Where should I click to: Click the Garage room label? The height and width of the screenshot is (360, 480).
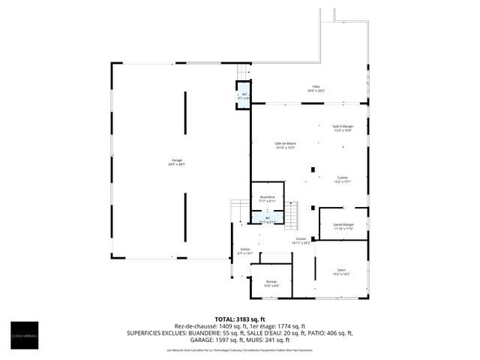[177, 162]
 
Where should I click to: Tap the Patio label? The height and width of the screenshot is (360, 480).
[316, 89]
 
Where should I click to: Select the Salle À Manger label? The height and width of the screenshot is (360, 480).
[343, 128]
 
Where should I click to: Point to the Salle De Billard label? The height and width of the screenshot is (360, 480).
[285, 145]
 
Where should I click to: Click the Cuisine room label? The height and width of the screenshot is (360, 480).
[342, 179]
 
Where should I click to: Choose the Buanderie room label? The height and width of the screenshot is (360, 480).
[268, 199]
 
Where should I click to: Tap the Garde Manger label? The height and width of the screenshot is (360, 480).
[343, 226]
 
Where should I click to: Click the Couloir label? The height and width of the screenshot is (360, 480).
[301, 241]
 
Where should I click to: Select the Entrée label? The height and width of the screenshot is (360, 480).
[245, 251]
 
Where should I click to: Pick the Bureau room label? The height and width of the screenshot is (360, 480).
[271, 283]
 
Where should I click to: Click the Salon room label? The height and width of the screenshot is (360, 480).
[341, 272]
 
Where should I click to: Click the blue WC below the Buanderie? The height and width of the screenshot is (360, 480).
[268, 219]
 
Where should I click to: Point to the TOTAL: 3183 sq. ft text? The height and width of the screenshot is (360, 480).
[240, 319]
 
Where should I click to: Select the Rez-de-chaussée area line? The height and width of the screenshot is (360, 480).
[240, 325]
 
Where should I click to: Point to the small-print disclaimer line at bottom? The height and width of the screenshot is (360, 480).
[240, 349]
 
